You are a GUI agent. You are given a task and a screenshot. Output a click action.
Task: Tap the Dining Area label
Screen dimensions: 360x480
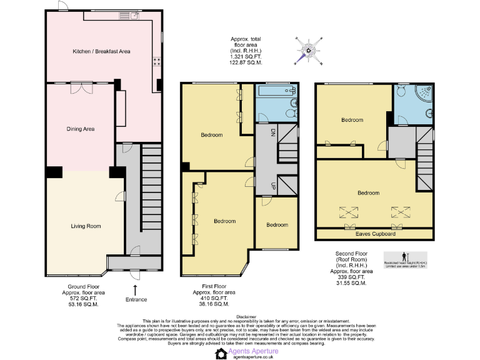(x=81, y=129)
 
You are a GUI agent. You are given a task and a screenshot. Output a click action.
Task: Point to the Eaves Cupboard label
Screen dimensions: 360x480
(x=375, y=234)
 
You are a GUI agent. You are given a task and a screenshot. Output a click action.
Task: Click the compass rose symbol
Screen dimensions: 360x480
(x=309, y=50)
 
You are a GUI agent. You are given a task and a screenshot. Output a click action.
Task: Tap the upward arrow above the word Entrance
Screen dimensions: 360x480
(x=136, y=289)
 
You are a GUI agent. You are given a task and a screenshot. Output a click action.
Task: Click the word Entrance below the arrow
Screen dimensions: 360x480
(x=136, y=300)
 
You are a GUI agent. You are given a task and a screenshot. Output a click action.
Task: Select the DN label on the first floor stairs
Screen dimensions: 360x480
(x=273, y=132)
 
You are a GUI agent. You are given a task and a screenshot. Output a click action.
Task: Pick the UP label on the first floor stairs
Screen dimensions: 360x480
(x=273, y=186)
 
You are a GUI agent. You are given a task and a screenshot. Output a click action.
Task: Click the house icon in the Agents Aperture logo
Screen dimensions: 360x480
(x=221, y=353)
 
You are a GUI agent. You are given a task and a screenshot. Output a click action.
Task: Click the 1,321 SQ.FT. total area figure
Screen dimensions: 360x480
(x=245, y=57)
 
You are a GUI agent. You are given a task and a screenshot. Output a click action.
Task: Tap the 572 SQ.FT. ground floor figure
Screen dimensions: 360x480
(x=83, y=299)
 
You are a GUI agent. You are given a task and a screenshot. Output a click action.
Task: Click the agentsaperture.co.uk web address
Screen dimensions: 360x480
(x=253, y=357)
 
